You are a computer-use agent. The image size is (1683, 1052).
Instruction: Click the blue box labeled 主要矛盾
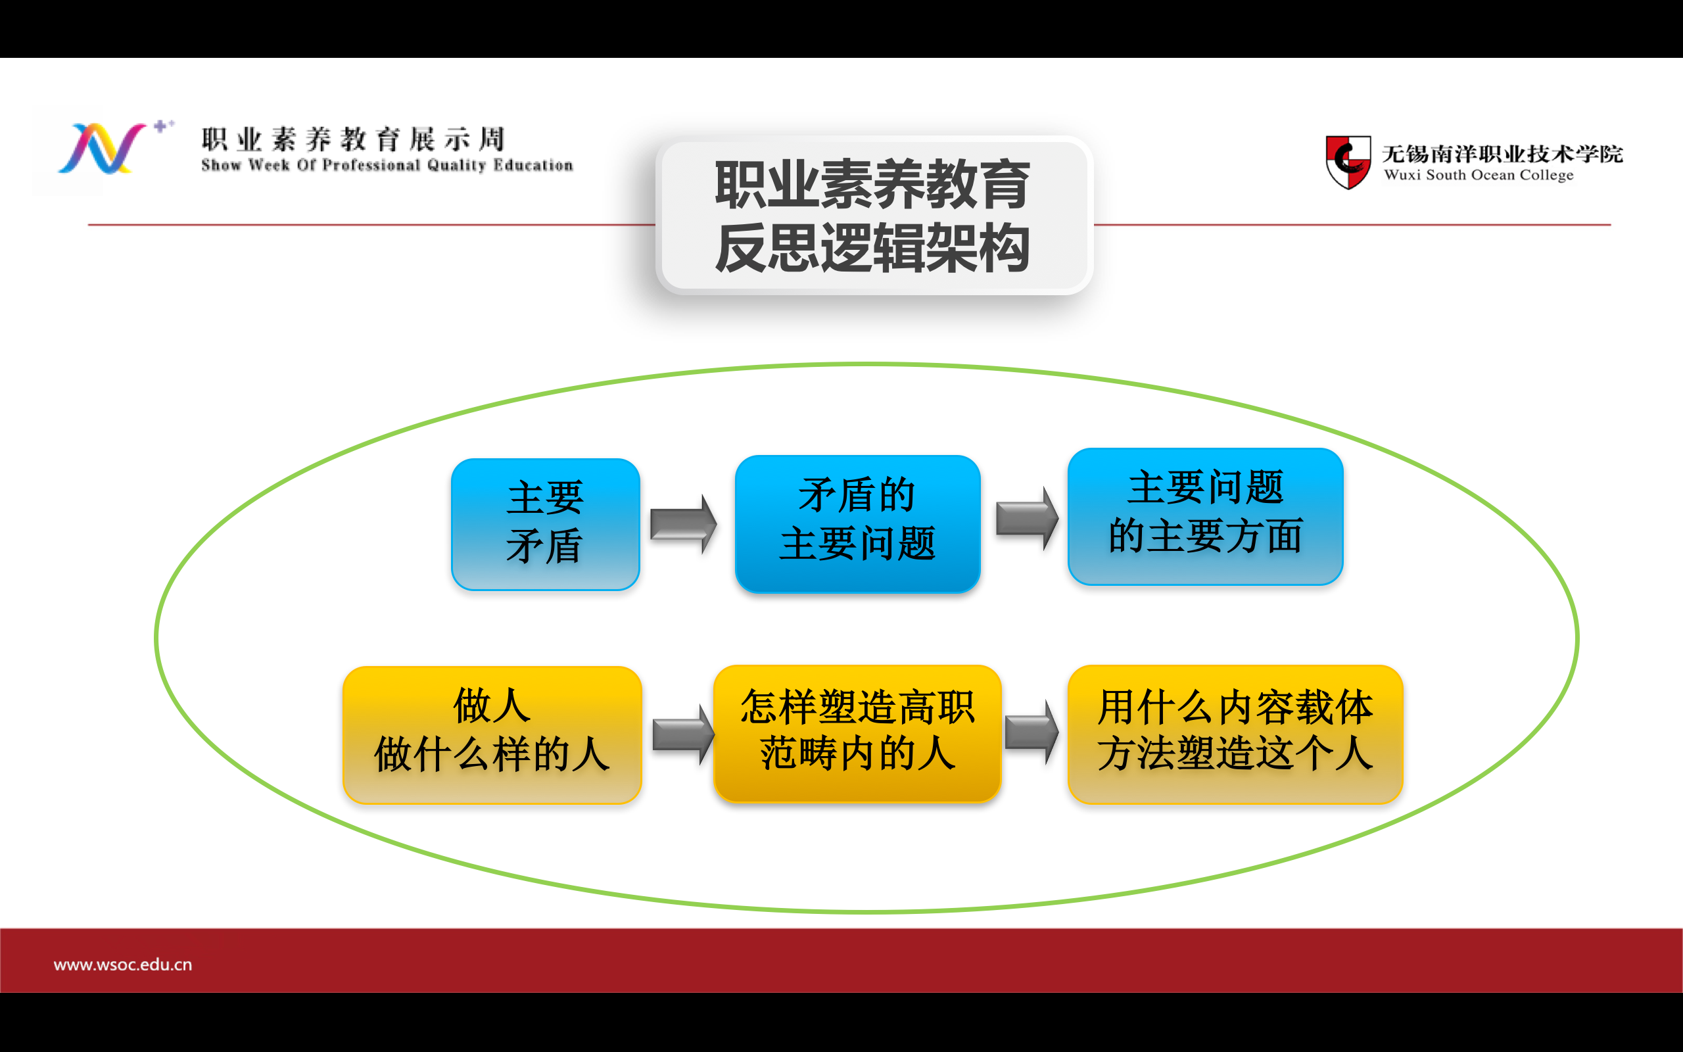click(x=545, y=524)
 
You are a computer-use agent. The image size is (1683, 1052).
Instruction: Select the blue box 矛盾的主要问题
click(x=857, y=523)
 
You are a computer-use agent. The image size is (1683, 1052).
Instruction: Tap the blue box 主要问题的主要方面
click(x=1205, y=516)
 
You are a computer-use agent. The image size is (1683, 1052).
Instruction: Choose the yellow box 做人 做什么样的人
click(x=492, y=734)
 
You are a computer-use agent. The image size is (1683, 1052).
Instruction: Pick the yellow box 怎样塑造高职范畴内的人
click(x=857, y=733)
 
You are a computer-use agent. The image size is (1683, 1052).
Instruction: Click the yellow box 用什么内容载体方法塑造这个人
click(x=1235, y=734)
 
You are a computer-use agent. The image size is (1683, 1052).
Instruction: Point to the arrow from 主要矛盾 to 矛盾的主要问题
click(x=684, y=523)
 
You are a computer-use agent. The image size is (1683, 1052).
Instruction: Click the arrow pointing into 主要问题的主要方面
click(x=1027, y=518)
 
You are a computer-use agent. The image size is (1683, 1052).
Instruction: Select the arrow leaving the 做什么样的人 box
click(x=684, y=734)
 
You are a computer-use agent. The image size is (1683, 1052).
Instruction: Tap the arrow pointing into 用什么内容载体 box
click(x=1032, y=732)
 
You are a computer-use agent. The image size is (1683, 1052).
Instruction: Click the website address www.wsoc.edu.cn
click(x=122, y=965)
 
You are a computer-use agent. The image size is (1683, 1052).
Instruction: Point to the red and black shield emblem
click(x=1348, y=162)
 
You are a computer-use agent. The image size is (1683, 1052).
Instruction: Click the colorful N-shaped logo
click(x=103, y=148)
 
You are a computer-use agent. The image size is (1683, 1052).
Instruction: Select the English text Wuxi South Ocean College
click(x=1479, y=175)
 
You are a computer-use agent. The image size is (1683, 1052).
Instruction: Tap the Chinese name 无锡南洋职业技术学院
click(x=1502, y=154)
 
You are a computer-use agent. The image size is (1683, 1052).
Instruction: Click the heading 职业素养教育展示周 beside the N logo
click(x=353, y=139)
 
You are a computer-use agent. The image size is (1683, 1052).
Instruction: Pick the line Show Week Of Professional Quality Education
click(x=387, y=165)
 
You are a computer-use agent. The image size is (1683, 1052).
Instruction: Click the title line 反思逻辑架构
click(x=873, y=248)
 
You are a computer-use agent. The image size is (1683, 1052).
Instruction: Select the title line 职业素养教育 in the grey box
click(x=873, y=184)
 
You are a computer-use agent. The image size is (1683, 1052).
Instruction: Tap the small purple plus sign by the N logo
click(x=160, y=126)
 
